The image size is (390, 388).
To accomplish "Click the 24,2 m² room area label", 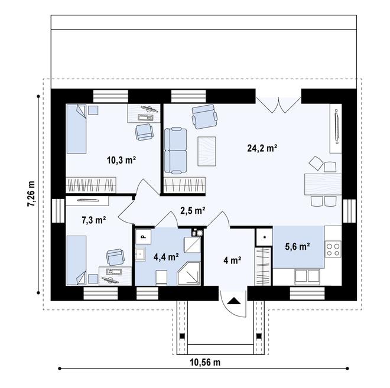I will coord(262,149).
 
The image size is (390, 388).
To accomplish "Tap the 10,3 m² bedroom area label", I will coord(121,159).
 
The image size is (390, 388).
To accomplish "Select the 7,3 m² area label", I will coord(93,220).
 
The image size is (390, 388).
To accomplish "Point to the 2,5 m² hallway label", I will coord(193,210).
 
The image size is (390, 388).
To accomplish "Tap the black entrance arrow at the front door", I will coord(234,301).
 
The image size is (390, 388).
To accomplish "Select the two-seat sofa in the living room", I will coord(175,151).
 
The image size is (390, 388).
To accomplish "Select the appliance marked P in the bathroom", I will coord(144,236).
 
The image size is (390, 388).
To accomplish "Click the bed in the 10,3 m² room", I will coord(76,130).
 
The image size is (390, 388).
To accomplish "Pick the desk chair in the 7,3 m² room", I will coord(115,257).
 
